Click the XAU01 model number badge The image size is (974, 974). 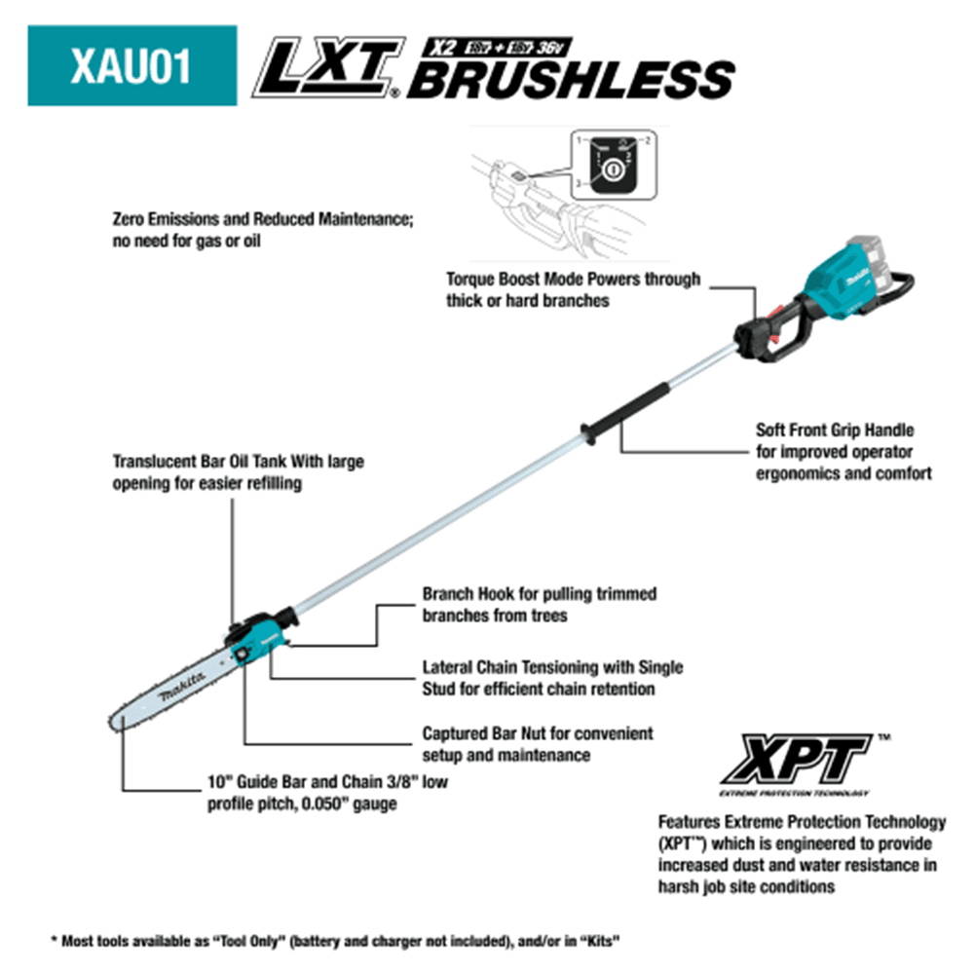(x=131, y=65)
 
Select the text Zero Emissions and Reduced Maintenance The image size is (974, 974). (x=262, y=221)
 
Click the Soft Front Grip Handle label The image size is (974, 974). (x=835, y=429)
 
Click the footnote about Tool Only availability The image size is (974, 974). (x=335, y=942)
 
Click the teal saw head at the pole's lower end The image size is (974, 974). (x=259, y=638)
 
